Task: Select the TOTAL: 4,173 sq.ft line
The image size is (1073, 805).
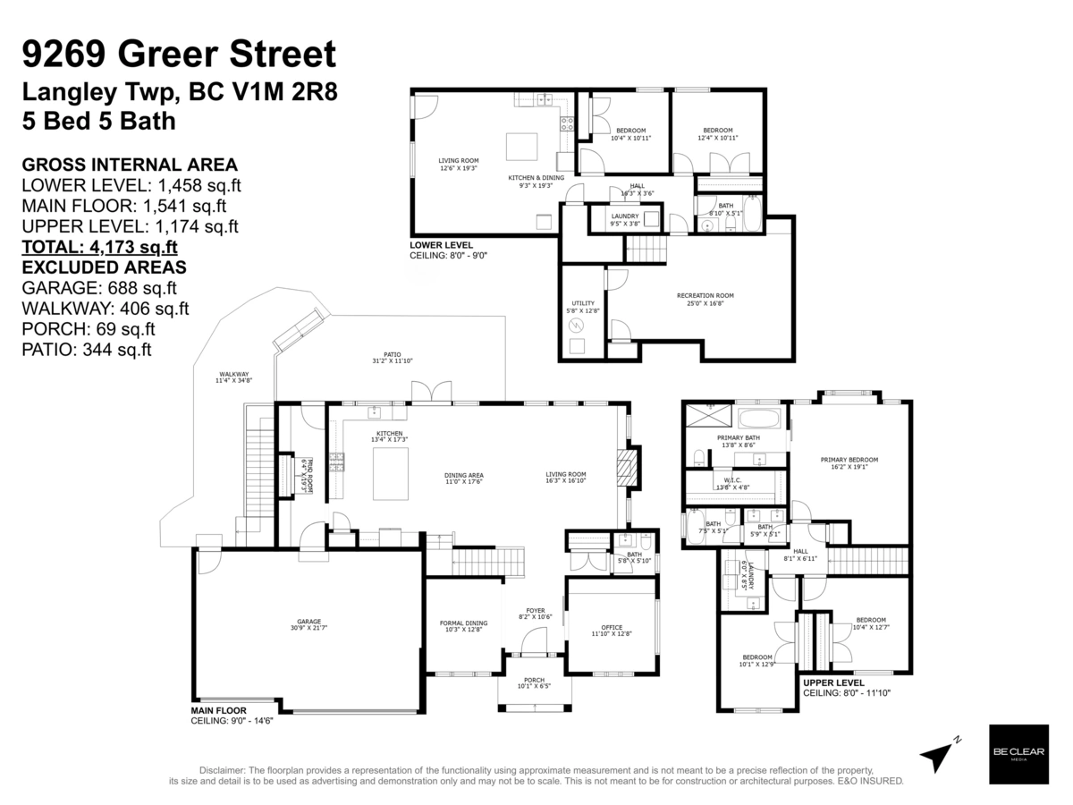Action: (99, 248)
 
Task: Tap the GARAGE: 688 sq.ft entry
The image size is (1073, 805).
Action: (99, 288)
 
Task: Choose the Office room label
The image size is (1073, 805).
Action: (611, 631)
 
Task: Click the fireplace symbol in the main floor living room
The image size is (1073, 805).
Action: (629, 467)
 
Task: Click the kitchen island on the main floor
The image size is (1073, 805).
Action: (390, 473)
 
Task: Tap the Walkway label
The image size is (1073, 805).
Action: (233, 377)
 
